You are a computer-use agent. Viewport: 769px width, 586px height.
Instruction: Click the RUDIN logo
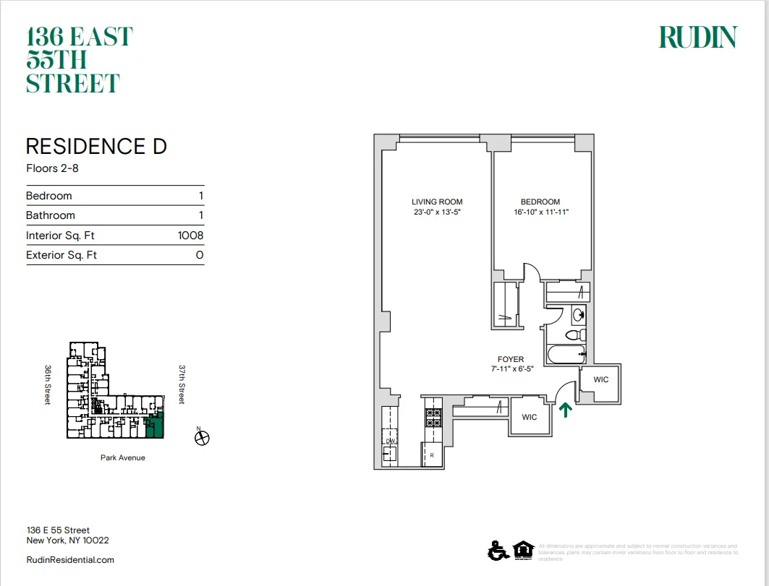(x=697, y=38)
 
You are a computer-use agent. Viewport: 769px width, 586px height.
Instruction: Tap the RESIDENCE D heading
(x=96, y=147)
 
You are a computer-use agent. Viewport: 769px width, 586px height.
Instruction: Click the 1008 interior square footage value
(x=190, y=236)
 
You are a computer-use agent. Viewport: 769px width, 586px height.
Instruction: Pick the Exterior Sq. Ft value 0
(x=199, y=255)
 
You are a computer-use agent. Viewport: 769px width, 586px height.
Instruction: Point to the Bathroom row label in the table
(x=51, y=215)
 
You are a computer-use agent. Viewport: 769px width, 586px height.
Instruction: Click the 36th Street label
(x=48, y=384)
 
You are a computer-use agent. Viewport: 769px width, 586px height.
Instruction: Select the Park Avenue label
(x=122, y=457)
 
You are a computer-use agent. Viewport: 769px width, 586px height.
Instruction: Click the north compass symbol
(x=203, y=437)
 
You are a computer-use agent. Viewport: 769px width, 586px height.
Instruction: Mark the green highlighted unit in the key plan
(x=155, y=428)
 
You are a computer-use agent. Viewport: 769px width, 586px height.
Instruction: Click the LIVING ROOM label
(x=437, y=202)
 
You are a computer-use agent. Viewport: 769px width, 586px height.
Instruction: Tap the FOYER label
(x=511, y=359)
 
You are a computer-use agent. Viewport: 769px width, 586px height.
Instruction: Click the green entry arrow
(x=565, y=410)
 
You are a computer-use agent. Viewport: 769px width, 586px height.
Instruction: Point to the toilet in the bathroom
(x=574, y=336)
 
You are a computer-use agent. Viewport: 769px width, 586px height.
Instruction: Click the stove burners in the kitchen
(x=433, y=417)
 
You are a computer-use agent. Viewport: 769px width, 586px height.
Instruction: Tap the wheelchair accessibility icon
(x=498, y=551)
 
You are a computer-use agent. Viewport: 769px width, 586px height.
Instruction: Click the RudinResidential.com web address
(x=70, y=560)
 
